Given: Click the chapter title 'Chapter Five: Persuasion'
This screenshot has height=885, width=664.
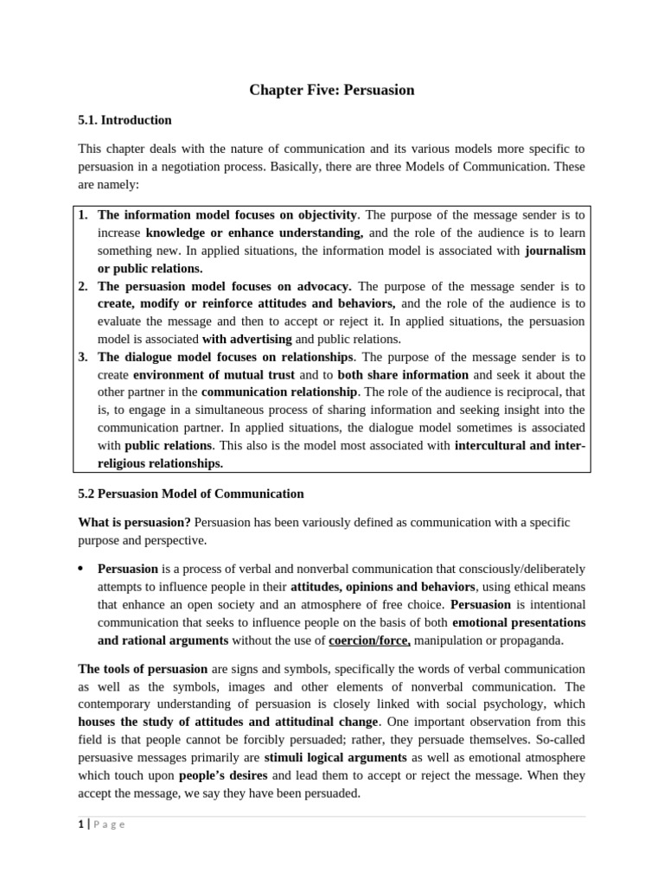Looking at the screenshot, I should pos(332,90).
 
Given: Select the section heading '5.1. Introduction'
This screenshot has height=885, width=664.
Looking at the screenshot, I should pos(124,120).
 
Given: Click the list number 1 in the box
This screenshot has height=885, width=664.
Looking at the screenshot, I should pos(82,214).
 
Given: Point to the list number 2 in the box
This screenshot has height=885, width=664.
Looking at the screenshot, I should pos(82,285).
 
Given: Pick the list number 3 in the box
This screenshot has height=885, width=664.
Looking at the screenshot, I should pos(82,356).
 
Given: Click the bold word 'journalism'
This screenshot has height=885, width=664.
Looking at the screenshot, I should pos(555,251).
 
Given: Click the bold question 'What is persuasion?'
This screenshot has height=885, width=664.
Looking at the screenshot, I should pos(134,522).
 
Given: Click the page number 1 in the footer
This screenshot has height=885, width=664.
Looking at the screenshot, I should pos(80,824).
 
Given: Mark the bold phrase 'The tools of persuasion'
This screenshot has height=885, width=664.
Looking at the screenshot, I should pos(143,669).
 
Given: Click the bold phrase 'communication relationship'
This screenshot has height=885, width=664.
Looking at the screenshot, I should pos(280,392).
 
